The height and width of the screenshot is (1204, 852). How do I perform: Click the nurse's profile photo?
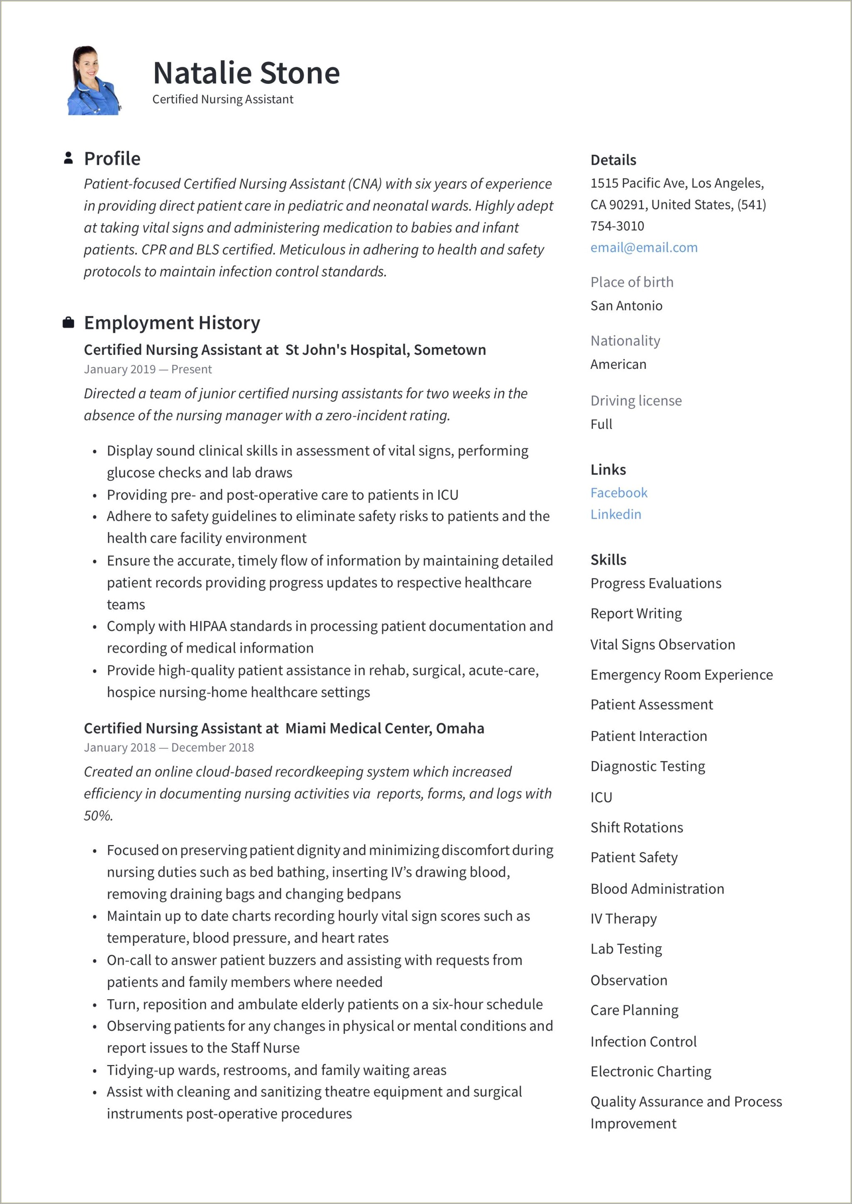pyautogui.click(x=94, y=81)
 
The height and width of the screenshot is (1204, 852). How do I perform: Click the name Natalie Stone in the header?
pyautogui.click(x=246, y=73)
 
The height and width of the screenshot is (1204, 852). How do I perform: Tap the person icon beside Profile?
pyautogui.click(x=68, y=158)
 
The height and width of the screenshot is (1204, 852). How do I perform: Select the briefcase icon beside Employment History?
pyautogui.click(x=68, y=323)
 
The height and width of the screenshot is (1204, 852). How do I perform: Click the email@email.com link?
pyautogui.click(x=644, y=248)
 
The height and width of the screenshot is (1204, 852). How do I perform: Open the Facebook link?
pyautogui.click(x=618, y=492)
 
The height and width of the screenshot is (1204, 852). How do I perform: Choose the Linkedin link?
pyautogui.click(x=616, y=514)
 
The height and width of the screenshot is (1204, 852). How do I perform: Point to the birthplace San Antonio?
pyautogui.click(x=626, y=306)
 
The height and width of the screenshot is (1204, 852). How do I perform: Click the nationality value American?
pyautogui.click(x=618, y=364)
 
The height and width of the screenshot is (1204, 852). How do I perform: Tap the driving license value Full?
pyautogui.click(x=601, y=424)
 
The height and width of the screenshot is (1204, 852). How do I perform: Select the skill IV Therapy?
pyautogui.click(x=623, y=919)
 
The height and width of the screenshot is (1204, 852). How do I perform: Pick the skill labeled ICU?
pyautogui.click(x=601, y=797)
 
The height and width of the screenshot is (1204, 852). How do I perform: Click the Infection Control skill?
pyautogui.click(x=643, y=1041)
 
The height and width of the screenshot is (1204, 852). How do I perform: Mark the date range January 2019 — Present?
pyautogui.click(x=147, y=369)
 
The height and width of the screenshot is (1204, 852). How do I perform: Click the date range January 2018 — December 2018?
pyautogui.click(x=168, y=748)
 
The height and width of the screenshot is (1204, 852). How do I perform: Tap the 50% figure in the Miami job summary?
pyautogui.click(x=98, y=816)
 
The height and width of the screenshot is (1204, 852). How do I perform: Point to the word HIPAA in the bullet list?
pyautogui.click(x=207, y=626)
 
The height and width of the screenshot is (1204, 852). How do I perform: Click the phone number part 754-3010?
pyautogui.click(x=617, y=226)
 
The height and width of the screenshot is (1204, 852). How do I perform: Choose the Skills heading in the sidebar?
pyautogui.click(x=608, y=560)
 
